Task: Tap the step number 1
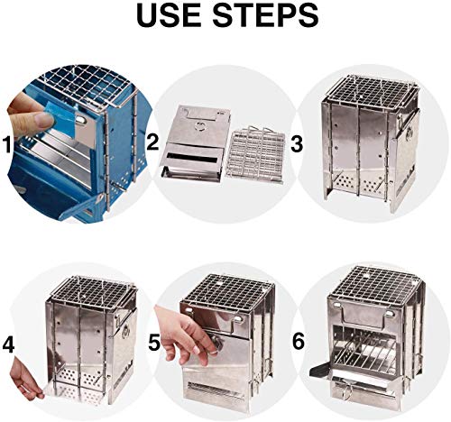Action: point(9,144)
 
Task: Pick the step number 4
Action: point(9,343)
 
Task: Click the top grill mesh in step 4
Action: point(85,290)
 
